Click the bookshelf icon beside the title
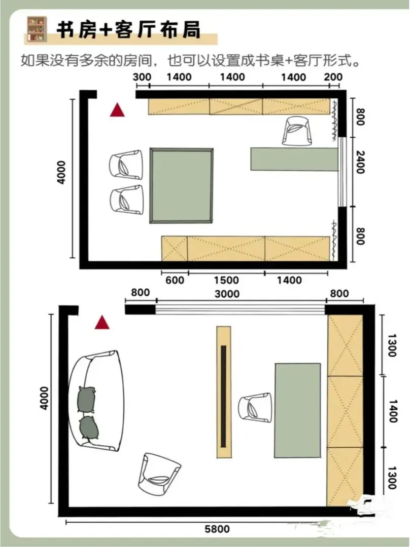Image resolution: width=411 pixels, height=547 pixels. click(37, 29)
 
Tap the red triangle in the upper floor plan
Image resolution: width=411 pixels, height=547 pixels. click(117, 110)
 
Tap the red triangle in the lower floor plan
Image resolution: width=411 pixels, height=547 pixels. click(102, 323)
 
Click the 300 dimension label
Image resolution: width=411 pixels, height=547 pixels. click(142, 77)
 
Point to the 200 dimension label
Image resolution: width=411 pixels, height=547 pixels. click(333, 77)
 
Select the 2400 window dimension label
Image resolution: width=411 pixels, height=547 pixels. click(360, 162)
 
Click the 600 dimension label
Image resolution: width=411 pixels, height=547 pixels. click(175, 280)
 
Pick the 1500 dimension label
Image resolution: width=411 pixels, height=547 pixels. click(226, 280)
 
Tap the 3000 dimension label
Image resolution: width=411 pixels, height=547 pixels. click(227, 294)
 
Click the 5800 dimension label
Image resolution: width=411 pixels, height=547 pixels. click(217, 529)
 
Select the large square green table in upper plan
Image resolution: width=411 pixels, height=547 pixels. click(181, 185)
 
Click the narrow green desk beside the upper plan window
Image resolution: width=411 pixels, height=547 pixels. click(294, 159)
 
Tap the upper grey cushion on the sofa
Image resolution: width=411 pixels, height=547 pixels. click(86, 399)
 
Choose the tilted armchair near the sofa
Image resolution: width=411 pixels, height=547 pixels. click(159, 473)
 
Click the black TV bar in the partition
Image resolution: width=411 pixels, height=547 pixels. click(223, 396)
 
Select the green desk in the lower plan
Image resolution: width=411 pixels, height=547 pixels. click(297, 410)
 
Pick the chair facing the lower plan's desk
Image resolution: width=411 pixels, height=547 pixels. click(255, 408)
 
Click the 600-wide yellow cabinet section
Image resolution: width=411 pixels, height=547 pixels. click(175, 248)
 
